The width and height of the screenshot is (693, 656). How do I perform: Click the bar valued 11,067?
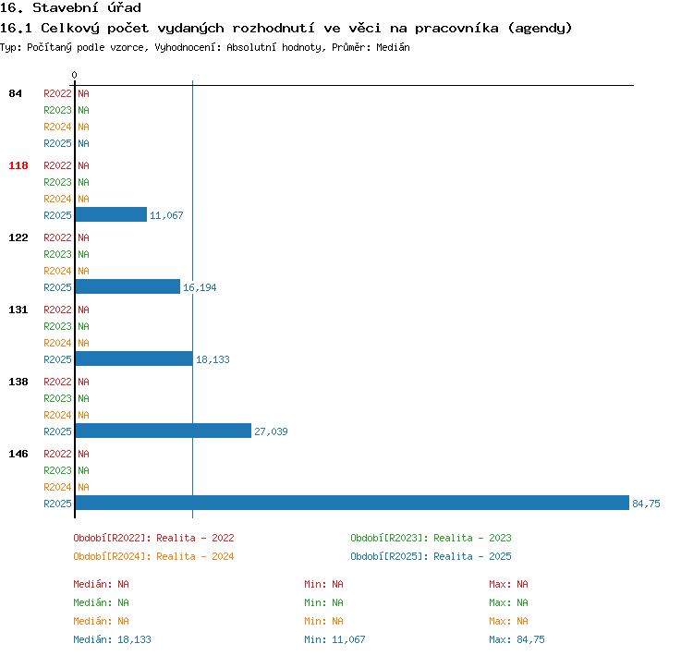coord(111,215)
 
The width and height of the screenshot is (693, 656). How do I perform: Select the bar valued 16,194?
coord(128,287)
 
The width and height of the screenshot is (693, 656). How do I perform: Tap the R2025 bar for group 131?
coord(134,358)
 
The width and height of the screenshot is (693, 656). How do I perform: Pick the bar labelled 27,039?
coord(163,431)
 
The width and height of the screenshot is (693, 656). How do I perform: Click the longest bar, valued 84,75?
coord(352,503)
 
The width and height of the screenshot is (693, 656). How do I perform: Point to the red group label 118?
coord(18,165)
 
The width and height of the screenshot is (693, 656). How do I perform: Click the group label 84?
coord(15,93)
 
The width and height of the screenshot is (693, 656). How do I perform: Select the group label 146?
coord(18,454)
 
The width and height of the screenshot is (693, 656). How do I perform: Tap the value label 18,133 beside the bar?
coord(213,359)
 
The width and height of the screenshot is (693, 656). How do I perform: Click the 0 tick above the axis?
coord(74,75)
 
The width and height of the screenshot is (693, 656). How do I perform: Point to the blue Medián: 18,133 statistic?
coord(112,639)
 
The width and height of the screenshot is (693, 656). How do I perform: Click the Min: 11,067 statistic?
coord(334,639)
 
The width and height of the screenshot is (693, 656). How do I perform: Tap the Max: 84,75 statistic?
coord(517,639)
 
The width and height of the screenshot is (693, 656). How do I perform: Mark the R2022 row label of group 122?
coord(57,237)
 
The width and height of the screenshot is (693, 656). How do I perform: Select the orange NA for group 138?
coord(83,415)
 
